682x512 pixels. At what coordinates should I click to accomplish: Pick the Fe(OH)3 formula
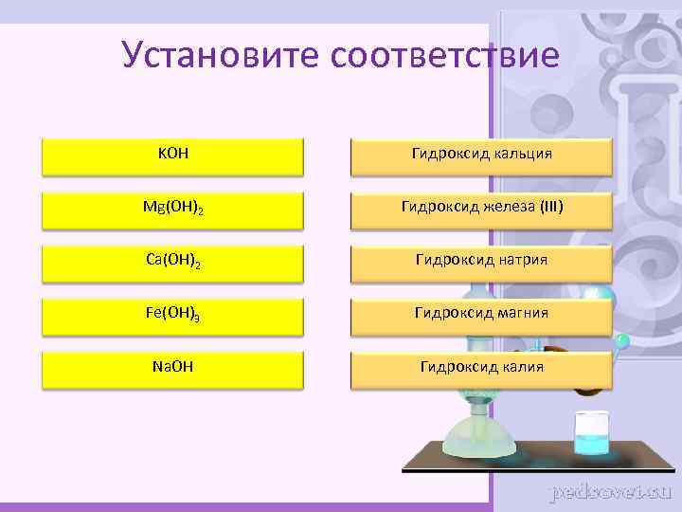(x=172, y=313)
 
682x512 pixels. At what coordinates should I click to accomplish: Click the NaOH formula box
(x=172, y=366)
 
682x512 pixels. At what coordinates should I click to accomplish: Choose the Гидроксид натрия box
(x=481, y=259)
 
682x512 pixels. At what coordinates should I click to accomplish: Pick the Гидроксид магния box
(x=481, y=313)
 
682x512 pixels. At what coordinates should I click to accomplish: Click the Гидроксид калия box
(x=481, y=366)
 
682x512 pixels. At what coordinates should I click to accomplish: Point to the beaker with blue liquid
(x=595, y=435)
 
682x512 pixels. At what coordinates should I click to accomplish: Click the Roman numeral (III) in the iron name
(x=550, y=206)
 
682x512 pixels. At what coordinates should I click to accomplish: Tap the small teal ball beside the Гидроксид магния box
(x=621, y=339)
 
